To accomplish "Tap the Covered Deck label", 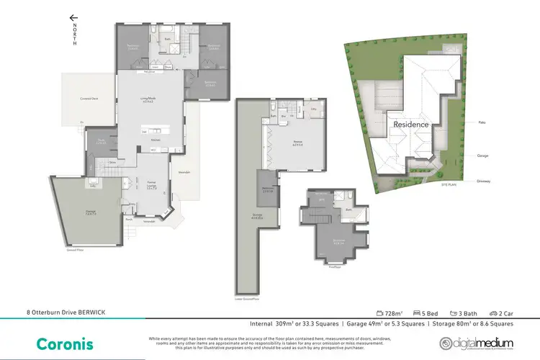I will pyautogui.click(x=90, y=99).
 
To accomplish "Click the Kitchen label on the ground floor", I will pyautogui.click(x=154, y=140).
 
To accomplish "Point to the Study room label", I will pyautogui.click(x=102, y=140).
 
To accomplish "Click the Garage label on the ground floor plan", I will pyautogui.click(x=71, y=212).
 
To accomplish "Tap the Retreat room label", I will pyautogui.click(x=296, y=143).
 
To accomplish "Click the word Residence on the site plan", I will pyautogui.click(x=411, y=125).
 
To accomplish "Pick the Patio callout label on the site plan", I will pyautogui.click(x=480, y=122).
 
